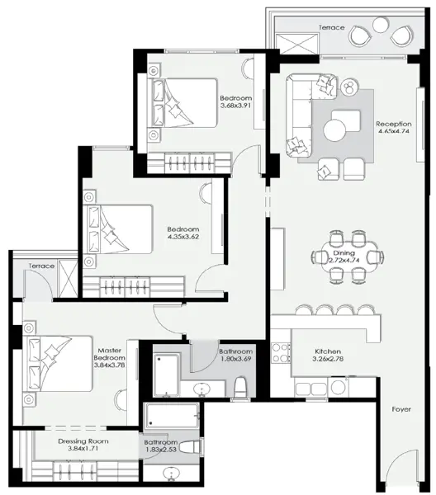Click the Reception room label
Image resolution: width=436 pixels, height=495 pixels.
(394, 124)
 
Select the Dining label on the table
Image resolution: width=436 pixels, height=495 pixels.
(344, 253)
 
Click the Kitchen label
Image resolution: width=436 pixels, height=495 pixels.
(328, 351)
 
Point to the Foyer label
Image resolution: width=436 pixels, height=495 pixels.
(401, 409)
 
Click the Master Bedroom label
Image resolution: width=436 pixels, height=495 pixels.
(109, 354)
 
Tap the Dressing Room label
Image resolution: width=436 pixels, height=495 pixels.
(83, 441)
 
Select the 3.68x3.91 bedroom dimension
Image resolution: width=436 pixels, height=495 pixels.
(235, 106)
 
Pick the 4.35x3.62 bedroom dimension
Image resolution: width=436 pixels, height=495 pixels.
(183, 237)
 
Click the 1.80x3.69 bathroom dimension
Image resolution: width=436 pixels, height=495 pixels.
(236, 359)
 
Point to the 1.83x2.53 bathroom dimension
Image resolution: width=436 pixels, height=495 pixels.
(161, 450)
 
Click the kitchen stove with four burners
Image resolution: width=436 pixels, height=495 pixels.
(281, 353)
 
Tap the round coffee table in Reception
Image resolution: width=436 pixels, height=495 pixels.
(334, 130)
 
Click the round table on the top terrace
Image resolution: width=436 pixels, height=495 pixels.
(381, 25)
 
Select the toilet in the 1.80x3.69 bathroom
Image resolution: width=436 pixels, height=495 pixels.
(241, 387)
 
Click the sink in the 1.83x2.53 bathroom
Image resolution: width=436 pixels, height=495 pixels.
(172, 474)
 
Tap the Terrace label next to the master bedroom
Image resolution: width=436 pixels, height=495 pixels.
(41, 266)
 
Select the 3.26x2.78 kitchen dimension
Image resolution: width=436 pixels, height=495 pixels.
(328, 359)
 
